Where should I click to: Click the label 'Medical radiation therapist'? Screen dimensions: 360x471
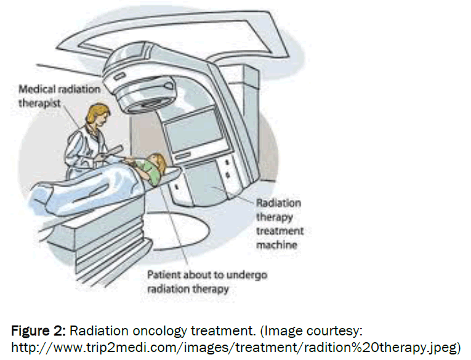pyautogui.click(x=59, y=95)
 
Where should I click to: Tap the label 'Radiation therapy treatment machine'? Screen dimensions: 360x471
pyautogui.click(x=278, y=222)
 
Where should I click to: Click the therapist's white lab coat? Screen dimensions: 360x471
pyautogui.click(x=83, y=148)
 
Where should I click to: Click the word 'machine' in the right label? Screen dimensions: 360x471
pyautogui.click(x=276, y=244)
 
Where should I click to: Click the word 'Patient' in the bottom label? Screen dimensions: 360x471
pyautogui.click(x=164, y=275)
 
